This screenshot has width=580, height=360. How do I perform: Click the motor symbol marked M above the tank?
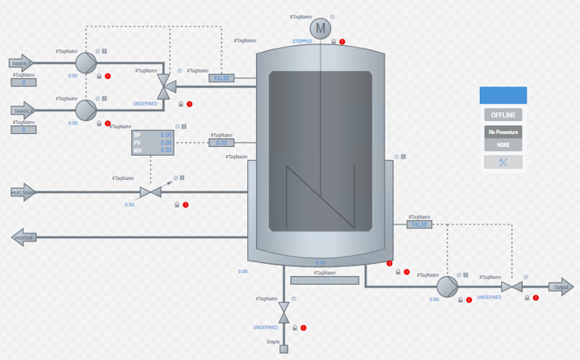321,28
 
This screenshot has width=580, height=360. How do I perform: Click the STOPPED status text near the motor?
302,41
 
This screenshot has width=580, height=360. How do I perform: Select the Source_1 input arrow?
22,62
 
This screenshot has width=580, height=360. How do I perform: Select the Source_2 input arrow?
22,110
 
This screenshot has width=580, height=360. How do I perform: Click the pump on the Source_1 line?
86,62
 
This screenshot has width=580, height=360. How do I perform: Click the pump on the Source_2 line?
86,109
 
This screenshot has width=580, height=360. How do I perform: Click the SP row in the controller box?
153,135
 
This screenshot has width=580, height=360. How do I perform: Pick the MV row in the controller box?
153,150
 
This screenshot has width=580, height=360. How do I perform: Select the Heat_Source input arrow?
23,192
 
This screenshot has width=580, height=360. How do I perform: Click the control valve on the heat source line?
151,192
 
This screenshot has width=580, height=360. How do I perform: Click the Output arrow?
561,287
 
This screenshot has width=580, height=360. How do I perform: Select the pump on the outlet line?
447,287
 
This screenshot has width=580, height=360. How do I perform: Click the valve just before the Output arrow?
511,287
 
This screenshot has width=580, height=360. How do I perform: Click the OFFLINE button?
502,115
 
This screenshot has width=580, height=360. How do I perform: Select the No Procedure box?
502,131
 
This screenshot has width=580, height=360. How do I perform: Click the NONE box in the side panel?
502,145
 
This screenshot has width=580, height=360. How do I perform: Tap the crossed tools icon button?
502,162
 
